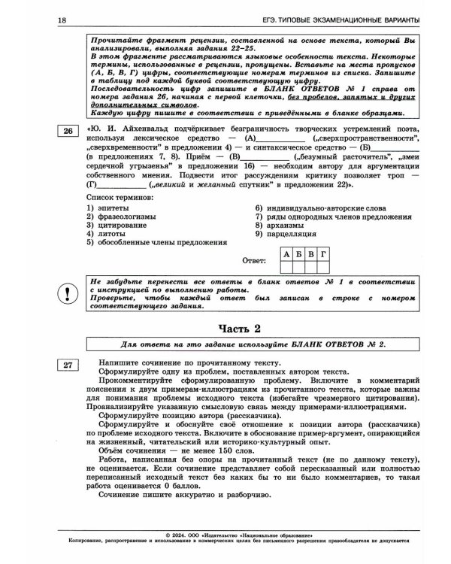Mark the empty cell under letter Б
pyautogui.click(x=298, y=266)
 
